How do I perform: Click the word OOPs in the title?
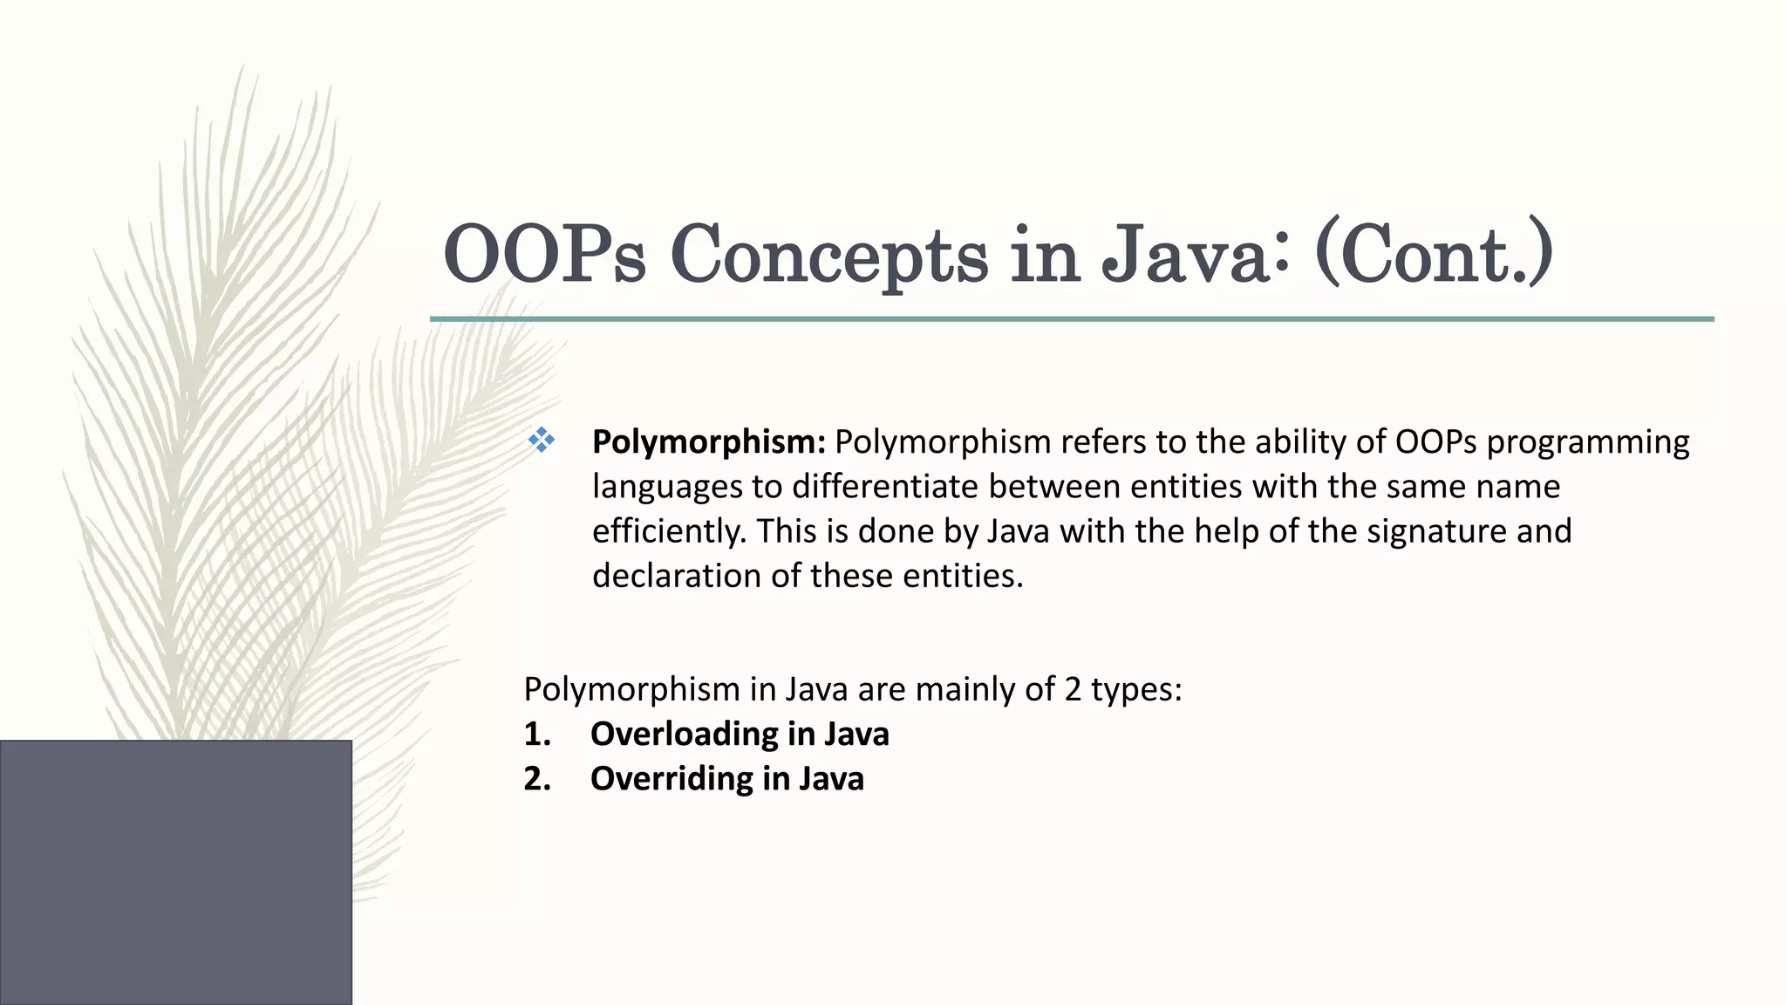544,254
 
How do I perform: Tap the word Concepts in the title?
828,254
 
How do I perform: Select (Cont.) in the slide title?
1434,254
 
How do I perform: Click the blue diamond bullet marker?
542,441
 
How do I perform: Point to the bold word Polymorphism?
708,442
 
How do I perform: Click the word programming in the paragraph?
1587,442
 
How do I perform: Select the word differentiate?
884,487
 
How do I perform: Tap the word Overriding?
671,778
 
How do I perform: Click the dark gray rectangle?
175,872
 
